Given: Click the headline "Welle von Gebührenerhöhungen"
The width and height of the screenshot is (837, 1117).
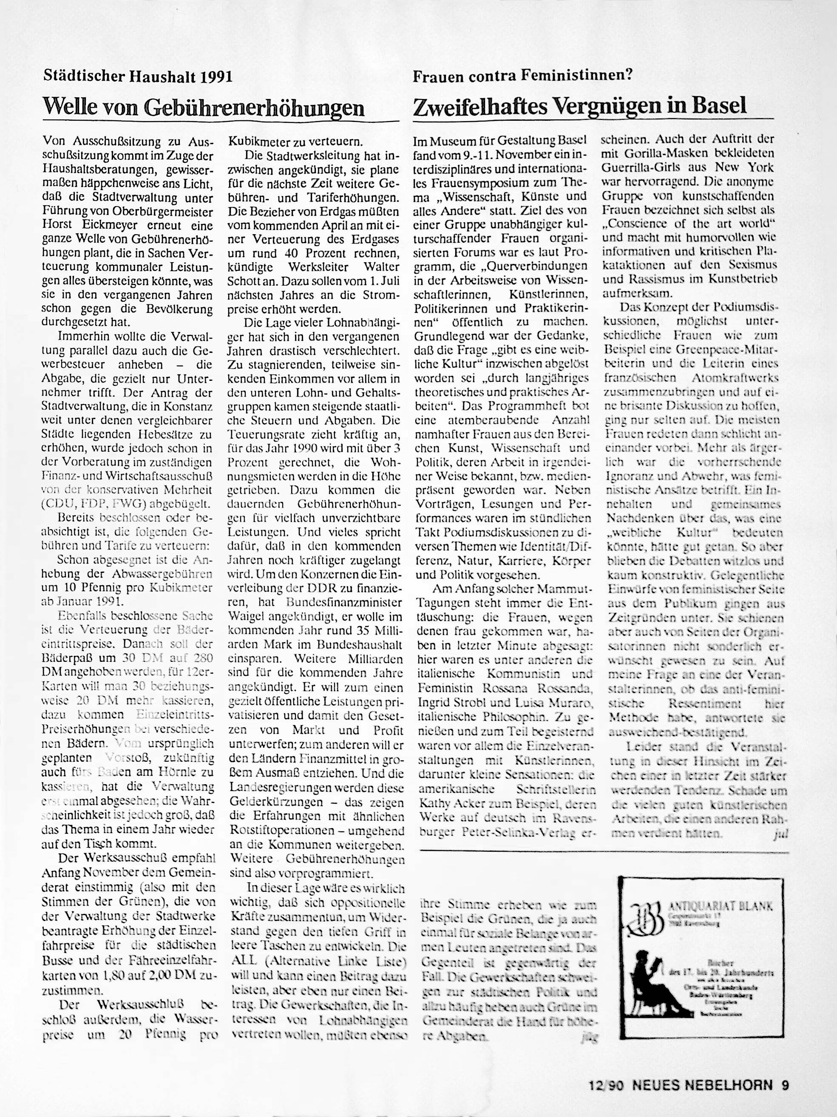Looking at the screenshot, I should pos(204,107).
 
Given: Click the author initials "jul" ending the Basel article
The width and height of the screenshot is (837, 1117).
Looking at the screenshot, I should pos(780,835).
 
